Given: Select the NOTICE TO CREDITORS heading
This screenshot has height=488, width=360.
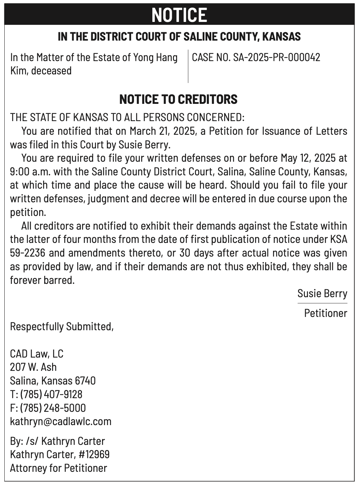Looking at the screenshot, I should pos(178,99).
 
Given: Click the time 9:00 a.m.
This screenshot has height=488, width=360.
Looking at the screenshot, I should pos(30,172).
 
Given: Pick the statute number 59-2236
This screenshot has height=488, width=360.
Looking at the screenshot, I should pos(28,253).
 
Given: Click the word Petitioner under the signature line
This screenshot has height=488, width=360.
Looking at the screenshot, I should pos(325,313).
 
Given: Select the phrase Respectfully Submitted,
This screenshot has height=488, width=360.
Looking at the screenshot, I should pos(62,326).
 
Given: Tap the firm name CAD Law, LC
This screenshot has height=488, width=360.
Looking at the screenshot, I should pos(37,354).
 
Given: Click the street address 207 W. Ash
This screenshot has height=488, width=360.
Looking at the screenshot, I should pos(33,367).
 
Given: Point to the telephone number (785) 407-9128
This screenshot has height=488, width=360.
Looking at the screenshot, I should pos(51,394).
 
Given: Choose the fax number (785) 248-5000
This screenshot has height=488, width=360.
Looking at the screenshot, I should pos(53,408).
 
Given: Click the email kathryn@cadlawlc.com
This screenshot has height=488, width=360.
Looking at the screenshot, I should pos(61,421).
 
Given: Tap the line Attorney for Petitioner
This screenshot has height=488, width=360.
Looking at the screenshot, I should pos(59,468).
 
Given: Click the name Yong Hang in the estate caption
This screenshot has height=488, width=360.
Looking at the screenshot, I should pos(155,57).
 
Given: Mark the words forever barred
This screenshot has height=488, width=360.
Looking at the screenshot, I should pos(42,280).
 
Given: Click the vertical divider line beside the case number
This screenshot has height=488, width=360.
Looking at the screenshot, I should pos(188,66).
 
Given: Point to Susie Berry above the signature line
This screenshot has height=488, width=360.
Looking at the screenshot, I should pos(322,294).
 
